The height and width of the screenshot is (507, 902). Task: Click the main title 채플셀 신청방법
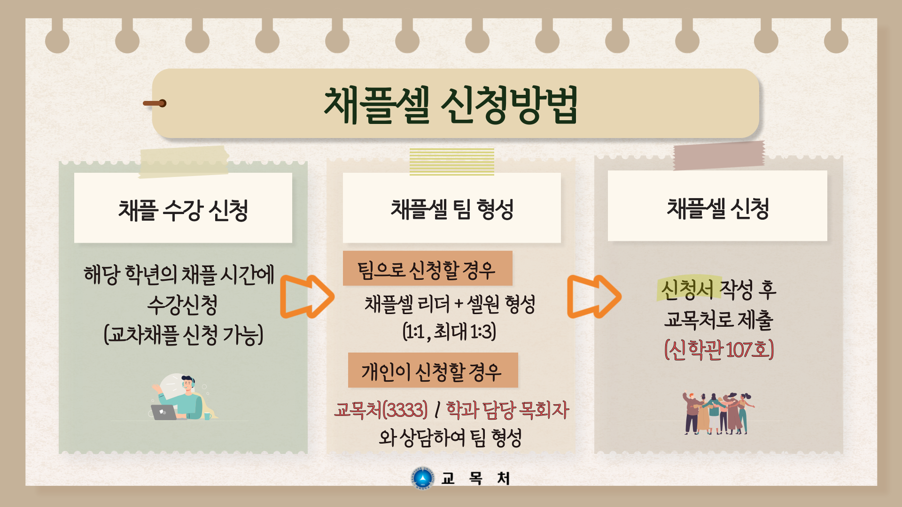(x=451, y=105)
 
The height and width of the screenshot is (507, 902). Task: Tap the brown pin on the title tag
(x=155, y=103)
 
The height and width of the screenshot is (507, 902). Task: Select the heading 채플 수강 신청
(x=183, y=210)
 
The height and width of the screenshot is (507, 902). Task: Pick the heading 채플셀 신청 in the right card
(x=718, y=208)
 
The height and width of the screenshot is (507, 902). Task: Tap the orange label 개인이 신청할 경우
(x=433, y=370)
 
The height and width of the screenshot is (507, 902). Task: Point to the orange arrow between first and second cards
(x=307, y=297)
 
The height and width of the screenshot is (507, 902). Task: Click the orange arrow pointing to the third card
(x=594, y=297)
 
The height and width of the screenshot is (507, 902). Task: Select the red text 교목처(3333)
(x=381, y=410)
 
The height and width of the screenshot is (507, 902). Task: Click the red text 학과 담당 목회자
(x=507, y=410)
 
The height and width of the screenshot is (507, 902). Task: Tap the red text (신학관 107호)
(x=719, y=350)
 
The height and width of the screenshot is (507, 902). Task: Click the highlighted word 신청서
(x=687, y=289)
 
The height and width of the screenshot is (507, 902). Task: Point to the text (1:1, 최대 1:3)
(x=450, y=331)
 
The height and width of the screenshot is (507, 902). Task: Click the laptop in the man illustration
(x=163, y=412)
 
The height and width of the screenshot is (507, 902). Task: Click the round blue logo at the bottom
(x=423, y=478)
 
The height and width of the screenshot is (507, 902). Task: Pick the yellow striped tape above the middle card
(x=452, y=161)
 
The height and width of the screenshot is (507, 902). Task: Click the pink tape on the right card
(x=719, y=155)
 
